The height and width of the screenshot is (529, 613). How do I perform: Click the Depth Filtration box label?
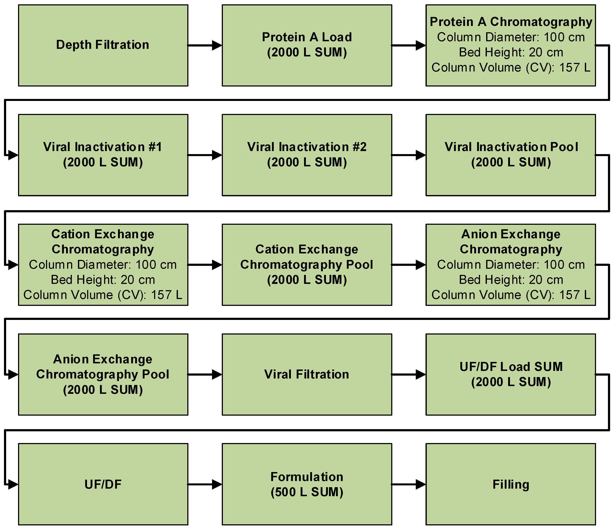pyautogui.click(x=103, y=45)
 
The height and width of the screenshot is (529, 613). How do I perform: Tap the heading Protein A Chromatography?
pyautogui.click(x=511, y=22)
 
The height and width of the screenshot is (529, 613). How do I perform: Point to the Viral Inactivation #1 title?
pyautogui.click(x=103, y=147)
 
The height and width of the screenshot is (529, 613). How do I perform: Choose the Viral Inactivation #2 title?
pyautogui.click(x=307, y=147)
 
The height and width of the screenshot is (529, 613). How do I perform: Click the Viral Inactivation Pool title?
pyautogui.click(x=511, y=147)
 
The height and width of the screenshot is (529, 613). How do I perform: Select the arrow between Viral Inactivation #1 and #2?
pyautogui.click(x=205, y=155)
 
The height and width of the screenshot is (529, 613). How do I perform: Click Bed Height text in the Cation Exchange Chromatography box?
pyautogui.click(x=103, y=280)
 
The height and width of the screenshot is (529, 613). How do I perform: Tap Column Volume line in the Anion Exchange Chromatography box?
pyautogui.click(x=511, y=295)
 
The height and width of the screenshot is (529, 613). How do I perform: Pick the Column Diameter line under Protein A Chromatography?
pyautogui.click(x=511, y=37)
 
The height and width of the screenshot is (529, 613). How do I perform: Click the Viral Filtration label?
pyautogui.click(x=307, y=374)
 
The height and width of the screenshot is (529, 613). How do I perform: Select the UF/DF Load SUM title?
pyautogui.click(x=511, y=367)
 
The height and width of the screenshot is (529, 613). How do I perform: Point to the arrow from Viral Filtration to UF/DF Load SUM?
pyautogui.click(x=409, y=374)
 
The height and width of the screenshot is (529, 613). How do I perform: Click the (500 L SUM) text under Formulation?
pyautogui.click(x=307, y=492)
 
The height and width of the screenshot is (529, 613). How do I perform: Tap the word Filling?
pyautogui.click(x=511, y=484)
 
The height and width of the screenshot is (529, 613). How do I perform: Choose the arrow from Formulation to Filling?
pyautogui.click(x=409, y=484)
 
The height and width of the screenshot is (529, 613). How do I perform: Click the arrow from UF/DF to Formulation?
pyautogui.click(x=205, y=484)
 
